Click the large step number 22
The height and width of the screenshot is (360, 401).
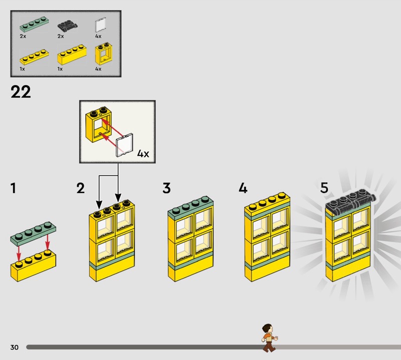click(x=21, y=92)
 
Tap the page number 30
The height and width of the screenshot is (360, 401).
click(x=15, y=347)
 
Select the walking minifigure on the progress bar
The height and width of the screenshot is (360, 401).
click(x=269, y=338)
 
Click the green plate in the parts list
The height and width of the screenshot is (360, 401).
click(x=34, y=25)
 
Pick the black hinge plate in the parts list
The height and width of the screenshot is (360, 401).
click(x=67, y=26)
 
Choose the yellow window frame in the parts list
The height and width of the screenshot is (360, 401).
click(x=103, y=54)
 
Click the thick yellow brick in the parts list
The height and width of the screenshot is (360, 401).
click(x=72, y=55)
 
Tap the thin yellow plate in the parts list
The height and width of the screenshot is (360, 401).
click(x=34, y=57)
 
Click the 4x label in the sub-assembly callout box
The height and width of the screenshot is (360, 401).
click(x=143, y=154)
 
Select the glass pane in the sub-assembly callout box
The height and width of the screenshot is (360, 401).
click(x=124, y=145)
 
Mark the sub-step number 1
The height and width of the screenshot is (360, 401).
click(x=14, y=188)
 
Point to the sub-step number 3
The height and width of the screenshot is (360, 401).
click(x=166, y=188)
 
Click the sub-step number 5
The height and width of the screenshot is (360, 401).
click(x=324, y=188)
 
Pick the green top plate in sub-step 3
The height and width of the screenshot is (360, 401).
click(x=190, y=207)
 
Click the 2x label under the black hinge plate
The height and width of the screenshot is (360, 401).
click(x=61, y=36)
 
